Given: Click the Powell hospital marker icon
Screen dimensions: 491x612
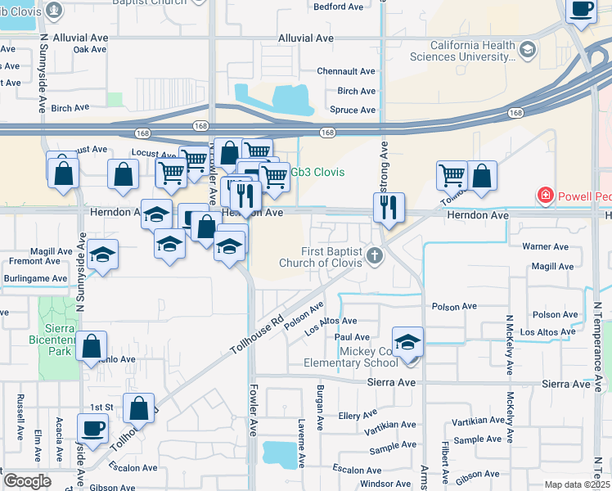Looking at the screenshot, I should [544, 196].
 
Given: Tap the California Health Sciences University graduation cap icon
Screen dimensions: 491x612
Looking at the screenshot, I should [528, 51].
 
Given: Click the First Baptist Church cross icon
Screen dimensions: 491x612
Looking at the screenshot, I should [376, 256].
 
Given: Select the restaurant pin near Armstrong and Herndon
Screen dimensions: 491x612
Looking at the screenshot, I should [389, 206].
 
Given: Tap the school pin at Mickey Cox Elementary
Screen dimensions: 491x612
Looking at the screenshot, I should [407, 342].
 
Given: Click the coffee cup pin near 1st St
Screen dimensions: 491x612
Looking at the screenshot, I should [92, 428].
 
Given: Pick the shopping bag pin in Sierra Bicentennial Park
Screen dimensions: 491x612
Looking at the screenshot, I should [92, 346].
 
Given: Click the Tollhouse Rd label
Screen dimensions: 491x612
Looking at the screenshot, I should [256, 330].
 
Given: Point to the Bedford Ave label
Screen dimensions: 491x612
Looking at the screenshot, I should [339, 7].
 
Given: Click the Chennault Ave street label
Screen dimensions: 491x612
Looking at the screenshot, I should [346, 72].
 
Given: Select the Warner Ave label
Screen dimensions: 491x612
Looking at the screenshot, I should [546, 246].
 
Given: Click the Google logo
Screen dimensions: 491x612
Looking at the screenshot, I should [27, 481].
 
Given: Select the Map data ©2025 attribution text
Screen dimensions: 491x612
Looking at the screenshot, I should [576, 484].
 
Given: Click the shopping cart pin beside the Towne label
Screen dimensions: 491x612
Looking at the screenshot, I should [452, 174].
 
